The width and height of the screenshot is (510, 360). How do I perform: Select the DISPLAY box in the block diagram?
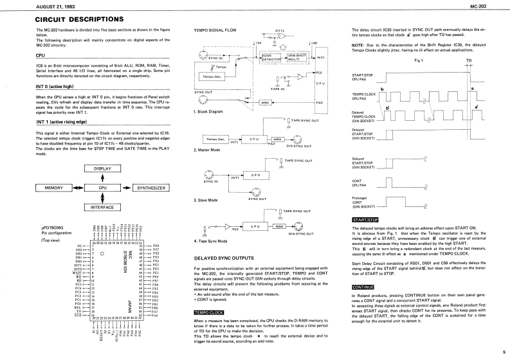point(102,169)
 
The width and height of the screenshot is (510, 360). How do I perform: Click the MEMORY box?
point(53,188)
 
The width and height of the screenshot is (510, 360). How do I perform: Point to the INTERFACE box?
point(102,207)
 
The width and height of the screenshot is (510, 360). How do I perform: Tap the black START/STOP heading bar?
point(364,219)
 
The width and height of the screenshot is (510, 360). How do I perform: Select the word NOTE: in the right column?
point(358,44)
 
